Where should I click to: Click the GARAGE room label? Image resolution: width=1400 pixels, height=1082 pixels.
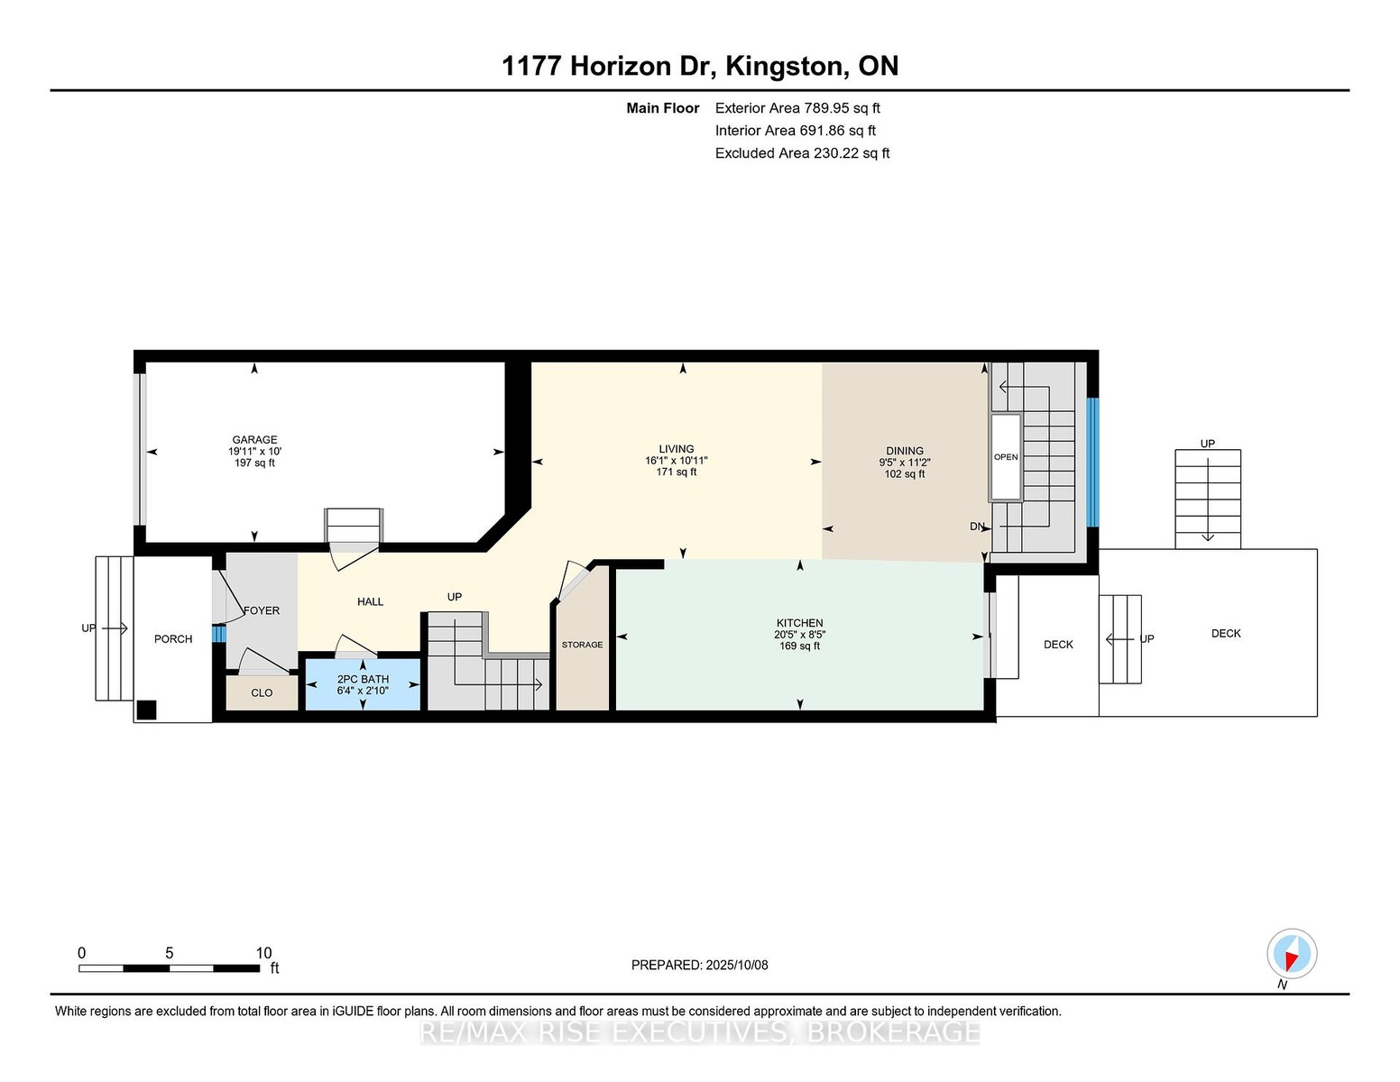click(x=254, y=440)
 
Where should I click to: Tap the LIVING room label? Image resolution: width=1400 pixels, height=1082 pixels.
click(x=676, y=449)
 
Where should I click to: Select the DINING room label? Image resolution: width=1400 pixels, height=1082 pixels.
click(x=905, y=451)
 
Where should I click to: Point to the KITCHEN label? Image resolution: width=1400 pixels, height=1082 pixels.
click(x=799, y=622)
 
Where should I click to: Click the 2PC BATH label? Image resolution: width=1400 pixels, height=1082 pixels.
click(x=363, y=679)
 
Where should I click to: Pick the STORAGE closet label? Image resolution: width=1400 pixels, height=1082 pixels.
click(x=582, y=645)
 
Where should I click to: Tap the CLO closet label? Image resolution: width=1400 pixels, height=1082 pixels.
click(x=262, y=692)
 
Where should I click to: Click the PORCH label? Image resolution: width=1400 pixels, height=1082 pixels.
click(x=172, y=638)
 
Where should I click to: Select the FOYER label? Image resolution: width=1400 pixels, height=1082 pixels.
click(x=261, y=610)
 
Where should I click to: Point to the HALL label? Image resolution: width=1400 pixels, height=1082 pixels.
click(x=370, y=601)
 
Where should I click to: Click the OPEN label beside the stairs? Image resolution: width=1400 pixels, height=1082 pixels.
click(x=1005, y=457)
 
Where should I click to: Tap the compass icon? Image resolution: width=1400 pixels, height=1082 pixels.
click(x=1292, y=954)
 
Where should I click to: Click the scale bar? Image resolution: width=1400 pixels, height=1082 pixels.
click(x=169, y=968)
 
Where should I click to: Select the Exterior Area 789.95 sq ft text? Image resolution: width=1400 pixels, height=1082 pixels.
click(x=797, y=108)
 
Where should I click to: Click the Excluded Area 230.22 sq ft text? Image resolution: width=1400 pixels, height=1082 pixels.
click(x=802, y=153)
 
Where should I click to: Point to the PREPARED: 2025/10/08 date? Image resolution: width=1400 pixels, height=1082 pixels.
click(x=699, y=965)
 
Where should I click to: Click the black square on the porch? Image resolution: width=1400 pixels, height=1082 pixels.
click(x=147, y=710)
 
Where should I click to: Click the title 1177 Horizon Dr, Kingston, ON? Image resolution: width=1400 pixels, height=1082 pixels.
click(x=700, y=66)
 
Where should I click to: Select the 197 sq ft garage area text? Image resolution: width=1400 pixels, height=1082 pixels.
click(x=254, y=463)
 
